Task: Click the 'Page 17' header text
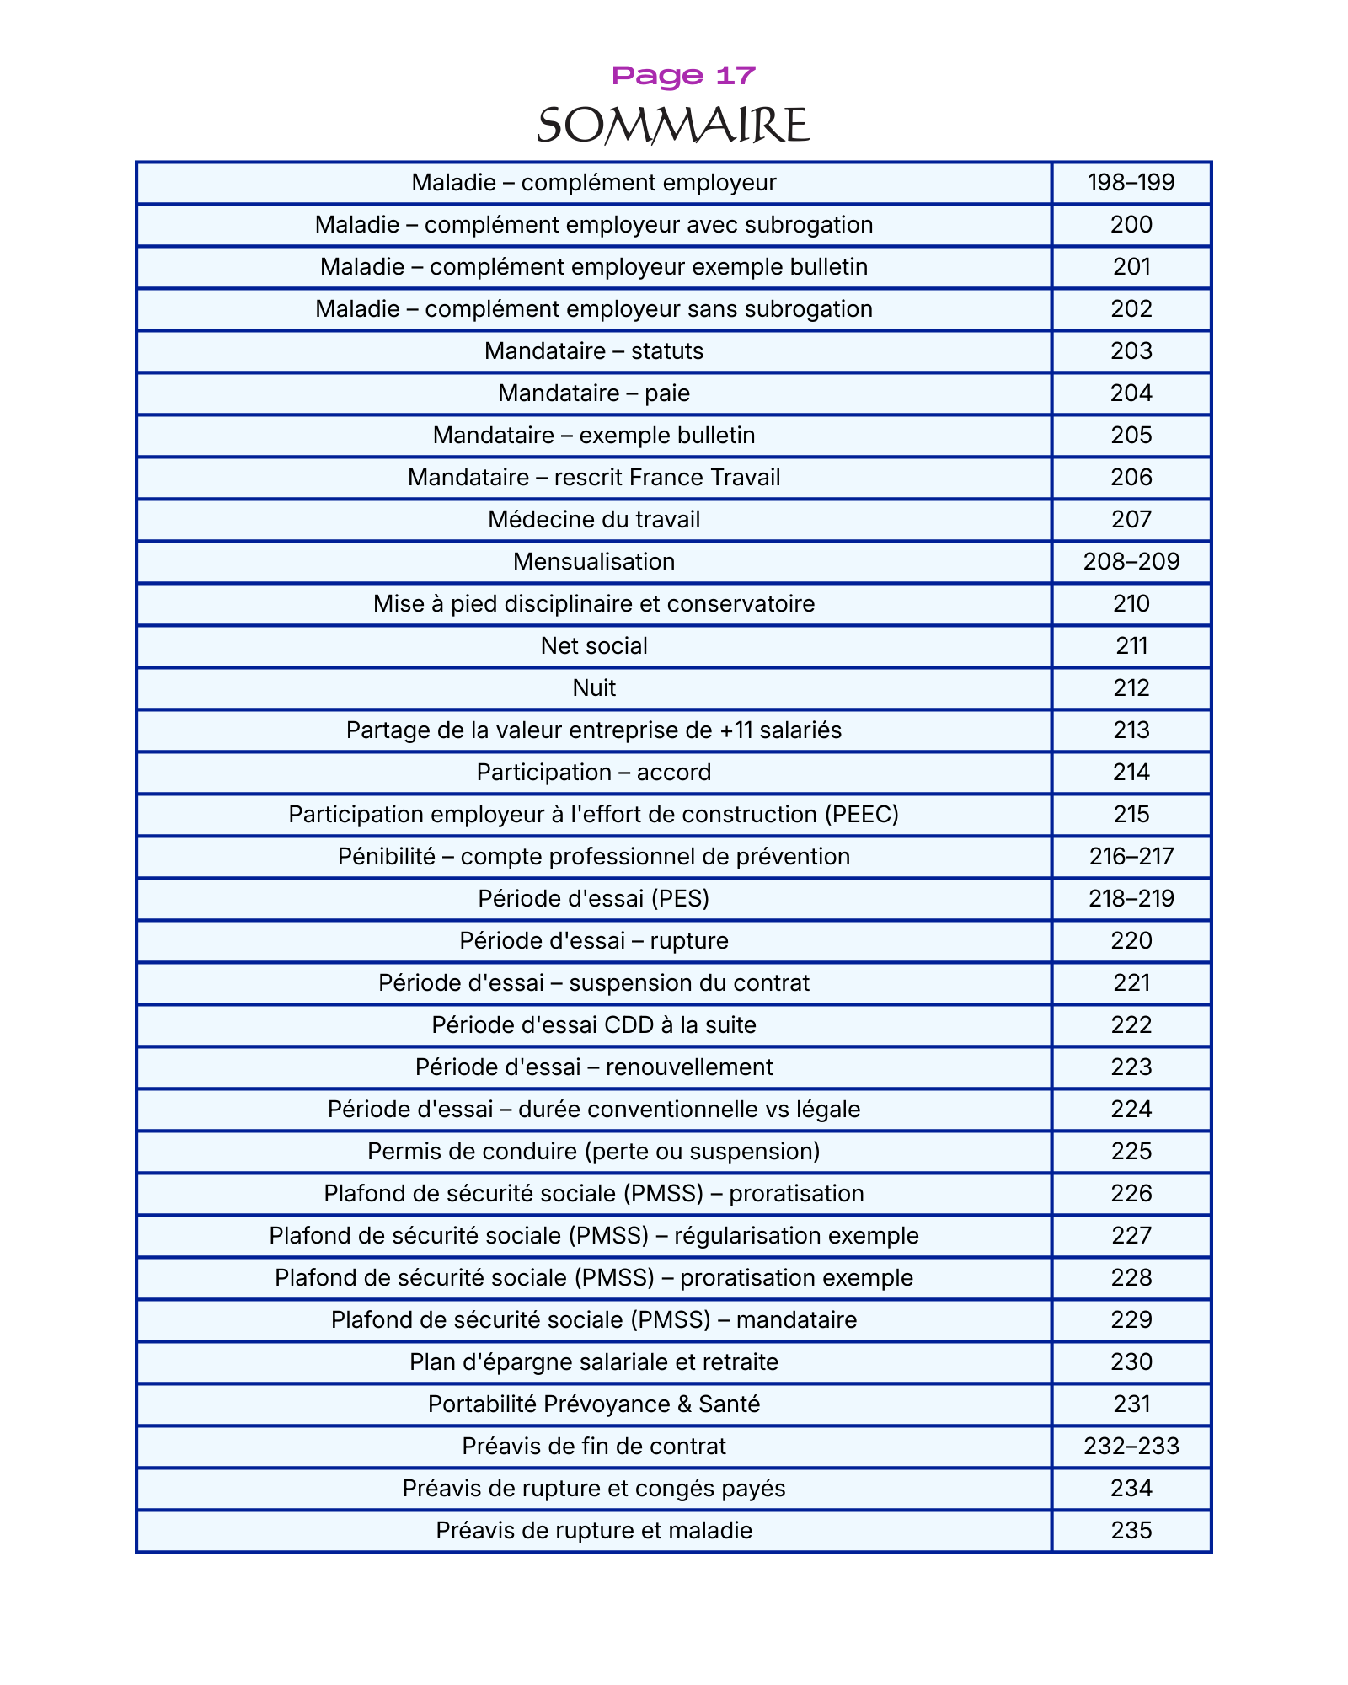(683, 76)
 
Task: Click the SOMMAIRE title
(673, 126)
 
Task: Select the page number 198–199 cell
(1131, 183)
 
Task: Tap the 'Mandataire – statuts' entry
(594, 351)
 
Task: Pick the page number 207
(1131, 520)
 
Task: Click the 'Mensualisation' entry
(594, 562)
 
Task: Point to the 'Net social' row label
(594, 646)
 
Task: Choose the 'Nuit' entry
(594, 688)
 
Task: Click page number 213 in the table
(1131, 730)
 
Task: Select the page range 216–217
(1131, 857)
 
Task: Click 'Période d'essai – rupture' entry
(594, 941)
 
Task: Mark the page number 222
(1131, 1025)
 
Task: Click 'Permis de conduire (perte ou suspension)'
(594, 1152)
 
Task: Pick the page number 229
(1131, 1320)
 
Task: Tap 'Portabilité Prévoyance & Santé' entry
(594, 1404)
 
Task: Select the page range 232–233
(1131, 1447)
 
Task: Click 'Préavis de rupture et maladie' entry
(594, 1531)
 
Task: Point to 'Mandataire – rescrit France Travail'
(594, 478)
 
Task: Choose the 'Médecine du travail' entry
(594, 520)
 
